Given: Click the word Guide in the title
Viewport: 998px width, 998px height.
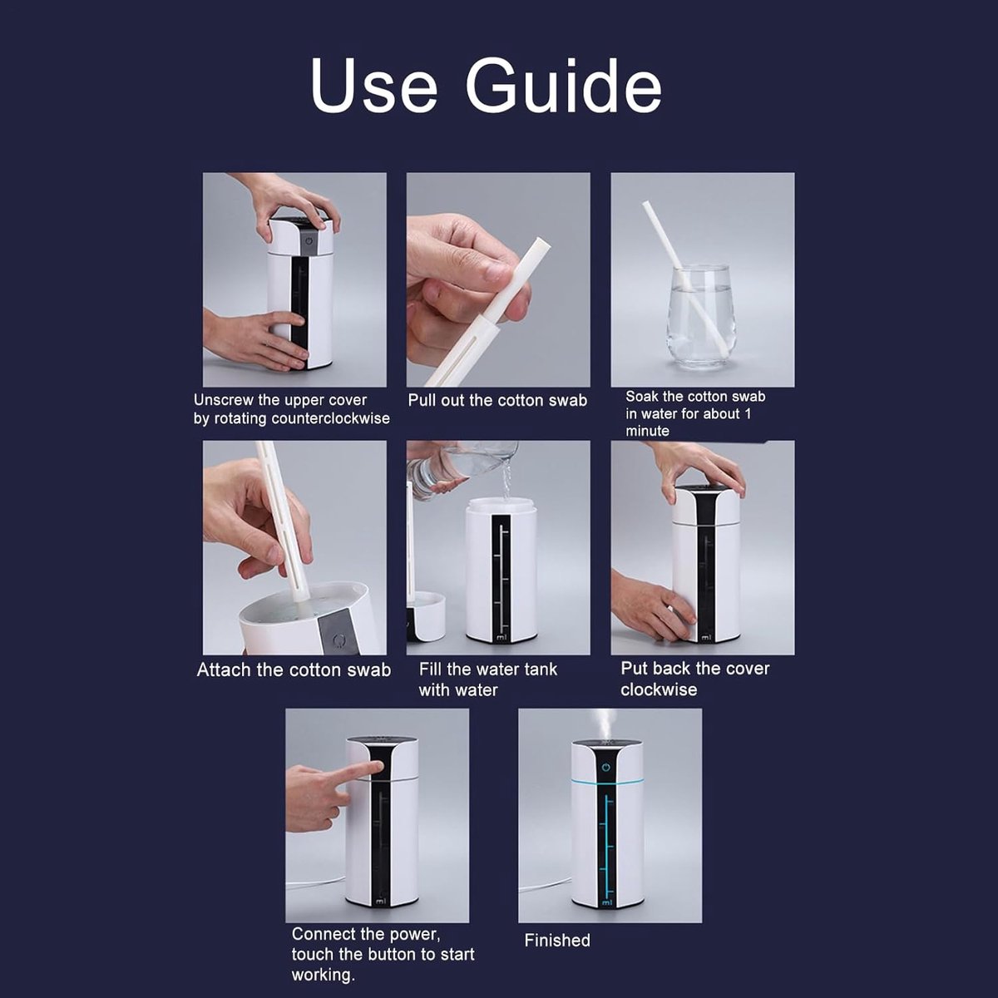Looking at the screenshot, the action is (564, 86).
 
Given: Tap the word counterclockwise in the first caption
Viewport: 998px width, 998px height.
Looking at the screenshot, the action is (330, 418).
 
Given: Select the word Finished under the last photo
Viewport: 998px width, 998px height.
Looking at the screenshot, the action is (557, 940).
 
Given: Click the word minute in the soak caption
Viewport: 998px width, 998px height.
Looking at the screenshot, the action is (647, 431).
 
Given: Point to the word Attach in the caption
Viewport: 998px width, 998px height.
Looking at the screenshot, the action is (225, 669).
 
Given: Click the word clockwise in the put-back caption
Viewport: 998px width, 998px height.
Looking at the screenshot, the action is (659, 689).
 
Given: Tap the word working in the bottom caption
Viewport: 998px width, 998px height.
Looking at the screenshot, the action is (323, 976).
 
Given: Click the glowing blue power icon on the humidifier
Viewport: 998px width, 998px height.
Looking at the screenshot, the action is (606, 767).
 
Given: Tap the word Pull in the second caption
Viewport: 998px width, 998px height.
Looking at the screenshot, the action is (422, 400).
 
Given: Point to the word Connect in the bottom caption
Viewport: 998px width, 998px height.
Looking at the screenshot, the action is (324, 934).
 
